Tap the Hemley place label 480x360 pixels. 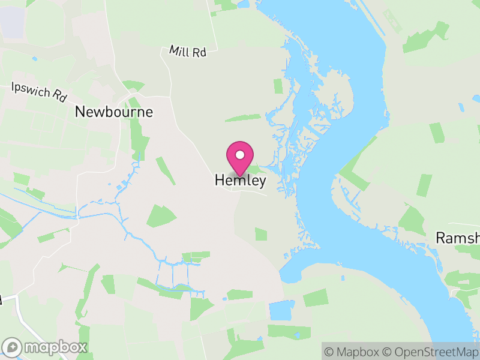[240, 180]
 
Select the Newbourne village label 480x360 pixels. [114, 112]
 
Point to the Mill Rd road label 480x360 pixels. [188, 52]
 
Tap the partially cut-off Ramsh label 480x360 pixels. [457, 238]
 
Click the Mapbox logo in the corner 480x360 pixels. [45, 347]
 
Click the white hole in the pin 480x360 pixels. [240, 155]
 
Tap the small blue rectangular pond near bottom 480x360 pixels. [278, 310]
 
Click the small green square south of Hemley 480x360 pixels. [260, 234]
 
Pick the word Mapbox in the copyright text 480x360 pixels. [356, 352]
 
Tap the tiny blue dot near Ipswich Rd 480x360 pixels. [34, 59]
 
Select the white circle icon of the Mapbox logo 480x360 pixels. [12, 347]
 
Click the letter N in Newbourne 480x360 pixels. [80, 112]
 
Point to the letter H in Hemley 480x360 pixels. [220, 180]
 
